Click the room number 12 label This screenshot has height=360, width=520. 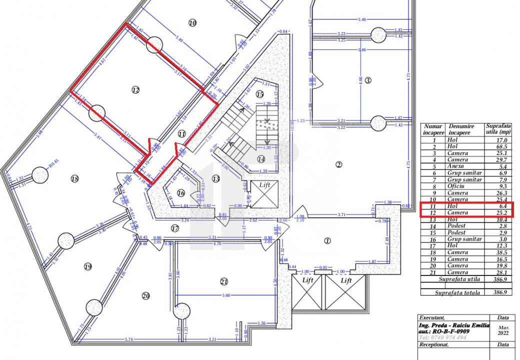click(x=135, y=90)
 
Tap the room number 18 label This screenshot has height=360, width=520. click(x=75, y=178)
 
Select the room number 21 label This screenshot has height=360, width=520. click(x=224, y=282)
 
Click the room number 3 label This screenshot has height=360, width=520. click(x=368, y=80)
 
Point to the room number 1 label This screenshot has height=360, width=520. click(x=327, y=240)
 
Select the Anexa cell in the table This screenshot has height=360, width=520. click(x=455, y=166)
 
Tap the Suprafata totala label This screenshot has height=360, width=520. click(x=457, y=292)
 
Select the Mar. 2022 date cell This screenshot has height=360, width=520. click(x=503, y=330)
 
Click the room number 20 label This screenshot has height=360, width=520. click(x=145, y=296)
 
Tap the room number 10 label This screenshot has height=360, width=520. click(x=192, y=22)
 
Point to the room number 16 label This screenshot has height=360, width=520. click(x=180, y=193)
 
